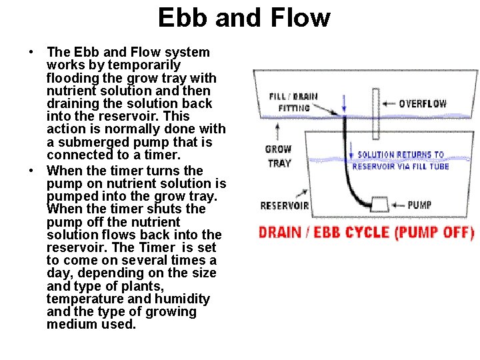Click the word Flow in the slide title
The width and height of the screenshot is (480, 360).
tap(302, 17)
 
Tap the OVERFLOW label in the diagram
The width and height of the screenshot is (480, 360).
tap(423, 103)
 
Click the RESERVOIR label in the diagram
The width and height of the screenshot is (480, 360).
tap(285, 205)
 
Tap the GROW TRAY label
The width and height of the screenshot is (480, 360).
tap(278, 156)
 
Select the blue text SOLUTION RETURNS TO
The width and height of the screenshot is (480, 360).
tap(401, 155)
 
